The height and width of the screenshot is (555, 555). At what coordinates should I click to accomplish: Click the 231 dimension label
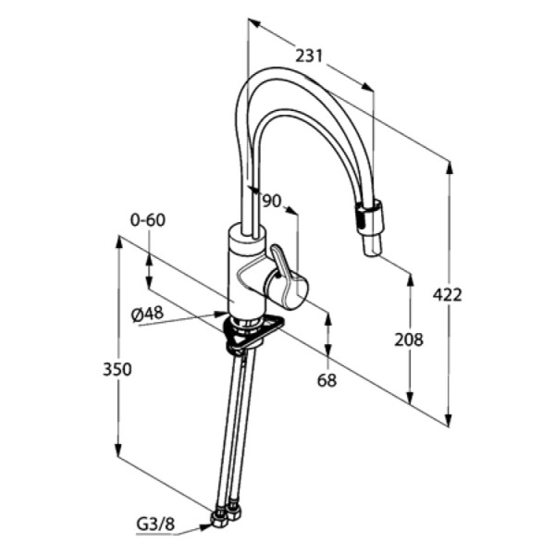pyautogui.click(x=309, y=55)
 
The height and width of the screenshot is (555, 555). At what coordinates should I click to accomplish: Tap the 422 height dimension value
pyautogui.click(x=448, y=295)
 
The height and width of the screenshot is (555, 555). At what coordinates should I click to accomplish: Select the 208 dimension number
pyautogui.click(x=409, y=339)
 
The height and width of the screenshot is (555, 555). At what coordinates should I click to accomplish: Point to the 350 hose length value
pyautogui.click(x=117, y=369)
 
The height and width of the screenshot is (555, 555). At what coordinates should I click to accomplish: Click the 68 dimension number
pyautogui.click(x=327, y=380)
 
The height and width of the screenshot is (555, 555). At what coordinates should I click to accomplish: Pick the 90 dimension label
pyautogui.click(x=271, y=201)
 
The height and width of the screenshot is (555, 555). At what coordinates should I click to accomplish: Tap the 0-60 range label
pyautogui.click(x=148, y=220)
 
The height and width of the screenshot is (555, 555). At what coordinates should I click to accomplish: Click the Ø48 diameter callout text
pyautogui.click(x=147, y=314)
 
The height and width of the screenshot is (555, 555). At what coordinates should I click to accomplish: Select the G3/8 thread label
pyautogui.click(x=155, y=524)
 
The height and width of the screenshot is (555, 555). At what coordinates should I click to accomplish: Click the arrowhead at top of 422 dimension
pyautogui.click(x=450, y=167)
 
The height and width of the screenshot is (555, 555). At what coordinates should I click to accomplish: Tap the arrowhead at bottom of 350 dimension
pyautogui.click(x=118, y=451)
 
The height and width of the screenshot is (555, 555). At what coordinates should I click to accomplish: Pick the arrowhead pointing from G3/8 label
pyautogui.click(x=205, y=526)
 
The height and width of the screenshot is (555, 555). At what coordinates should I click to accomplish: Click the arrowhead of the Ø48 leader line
pyautogui.click(x=221, y=314)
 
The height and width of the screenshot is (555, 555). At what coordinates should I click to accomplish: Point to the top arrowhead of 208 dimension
pyautogui.click(x=411, y=279)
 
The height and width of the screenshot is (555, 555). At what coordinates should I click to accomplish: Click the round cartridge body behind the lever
pyautogui.click(x=288, y=289)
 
